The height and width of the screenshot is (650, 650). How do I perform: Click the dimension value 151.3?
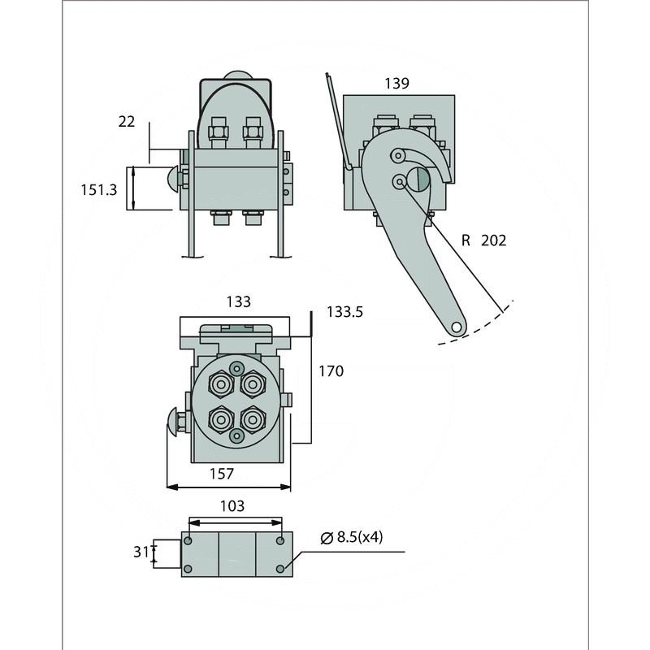click(99, 189)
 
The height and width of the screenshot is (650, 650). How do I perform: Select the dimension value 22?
click(127, 121)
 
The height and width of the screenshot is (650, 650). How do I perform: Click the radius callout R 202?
click(483, 240)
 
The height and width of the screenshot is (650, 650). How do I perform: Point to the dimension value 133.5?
click(344, 311)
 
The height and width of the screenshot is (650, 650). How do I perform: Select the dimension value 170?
click(331, 371)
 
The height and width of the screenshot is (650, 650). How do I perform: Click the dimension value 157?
click(222, 472)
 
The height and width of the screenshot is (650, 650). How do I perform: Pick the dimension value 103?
click(232, 505)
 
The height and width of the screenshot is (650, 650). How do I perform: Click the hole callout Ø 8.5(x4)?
click(351, 537)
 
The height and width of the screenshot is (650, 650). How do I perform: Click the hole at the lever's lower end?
click(457, 327)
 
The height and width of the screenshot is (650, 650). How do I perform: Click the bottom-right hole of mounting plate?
click(280, 568)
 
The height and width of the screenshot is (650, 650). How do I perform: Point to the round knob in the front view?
click(173, 420)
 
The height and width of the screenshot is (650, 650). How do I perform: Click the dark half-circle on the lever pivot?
click(418, 180)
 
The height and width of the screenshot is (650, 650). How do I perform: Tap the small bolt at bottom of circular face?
click(236, 436)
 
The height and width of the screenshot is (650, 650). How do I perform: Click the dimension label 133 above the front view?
click(238, 302)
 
